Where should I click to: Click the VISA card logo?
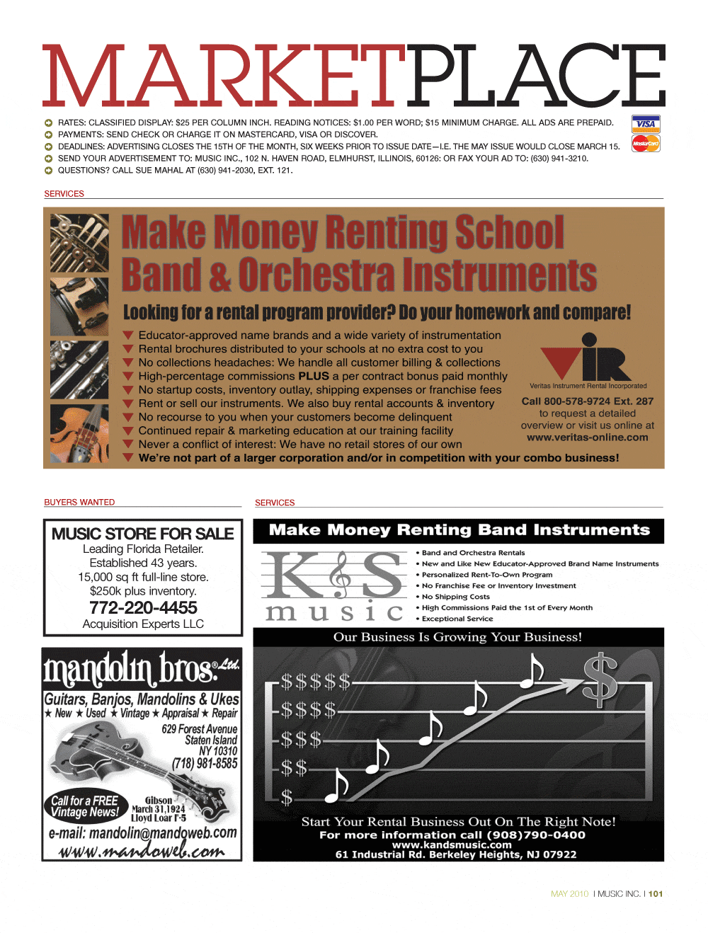[646, 124]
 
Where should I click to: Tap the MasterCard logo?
[646, 144]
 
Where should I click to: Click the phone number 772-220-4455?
[143, 607]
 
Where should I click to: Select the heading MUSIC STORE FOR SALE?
[142, 534]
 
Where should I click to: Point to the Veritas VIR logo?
[588, 357]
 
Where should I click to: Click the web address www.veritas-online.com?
[588, 437]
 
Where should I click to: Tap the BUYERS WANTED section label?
[79, 502]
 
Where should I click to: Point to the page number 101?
[656, 894]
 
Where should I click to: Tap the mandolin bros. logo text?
[142, 668]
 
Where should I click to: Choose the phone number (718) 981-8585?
[205, 763]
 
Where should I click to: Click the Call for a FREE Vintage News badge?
[85, 806]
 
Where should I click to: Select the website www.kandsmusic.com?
[452, 845]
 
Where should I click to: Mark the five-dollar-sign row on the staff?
[315, 682]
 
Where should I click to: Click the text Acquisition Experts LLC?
[143, 624]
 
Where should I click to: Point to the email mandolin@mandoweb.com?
[142, 833]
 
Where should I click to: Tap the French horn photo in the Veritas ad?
[79, 243]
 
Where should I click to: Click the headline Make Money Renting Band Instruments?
[459, 530]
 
